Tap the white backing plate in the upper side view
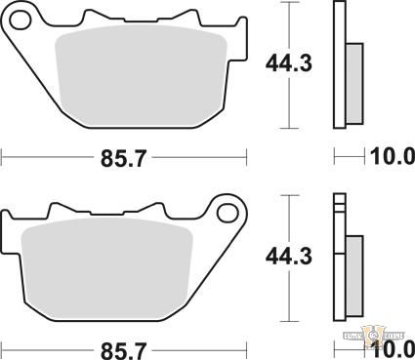[339, 65]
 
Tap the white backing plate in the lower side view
[339, 258]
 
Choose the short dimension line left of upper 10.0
[348, 155]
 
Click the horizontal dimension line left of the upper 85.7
[49, 155]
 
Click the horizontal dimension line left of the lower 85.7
[49, 347]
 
